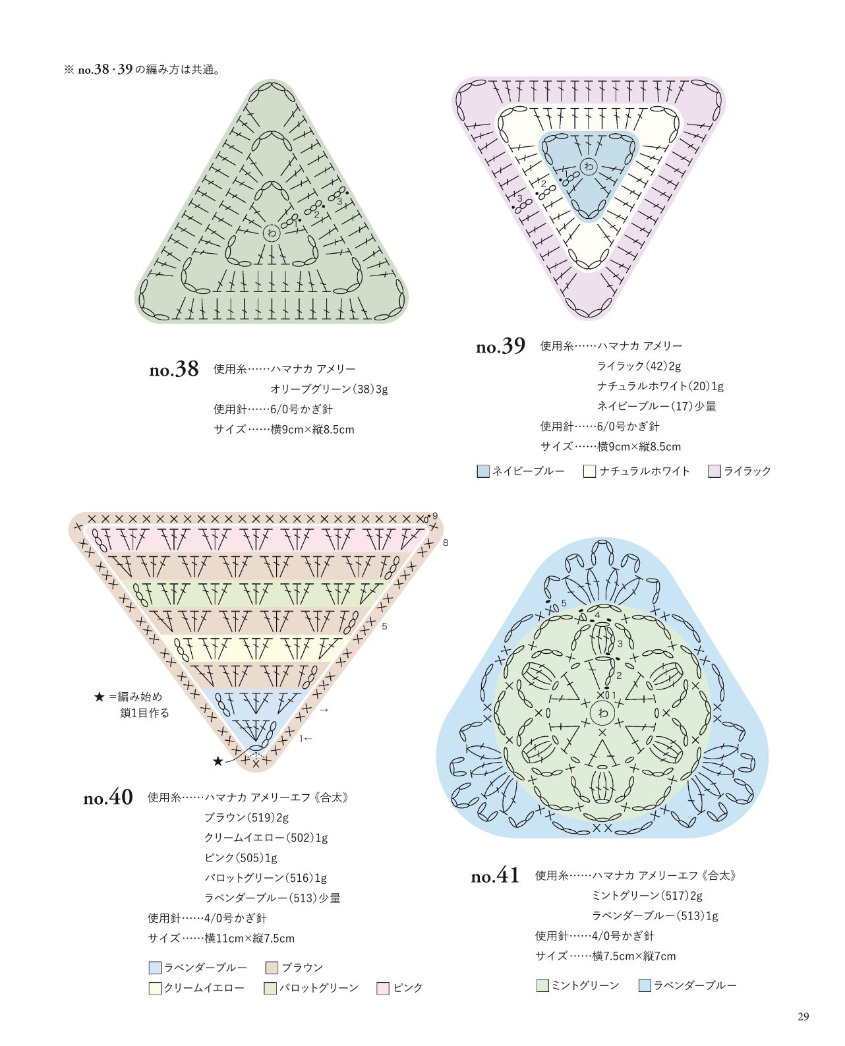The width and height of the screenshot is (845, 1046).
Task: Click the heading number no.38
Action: [x=174, y=369]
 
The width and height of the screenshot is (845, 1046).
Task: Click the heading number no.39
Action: [x=500, y=347]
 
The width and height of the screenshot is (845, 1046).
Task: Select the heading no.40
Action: [x=108, y=798]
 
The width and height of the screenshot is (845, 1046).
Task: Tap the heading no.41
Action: [x=495, y=876]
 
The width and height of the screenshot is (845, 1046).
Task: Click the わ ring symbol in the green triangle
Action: [x=272, y=233]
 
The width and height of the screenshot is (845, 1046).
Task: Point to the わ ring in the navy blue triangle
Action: [x=588, y=167]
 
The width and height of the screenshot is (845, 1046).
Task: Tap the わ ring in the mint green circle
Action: [x=603, y=712]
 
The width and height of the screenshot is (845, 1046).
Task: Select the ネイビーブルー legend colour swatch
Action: [x=483, y=471]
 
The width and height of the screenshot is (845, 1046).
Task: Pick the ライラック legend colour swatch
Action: [x=714, y=471]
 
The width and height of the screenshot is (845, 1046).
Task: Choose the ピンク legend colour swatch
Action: [x=383, y=989]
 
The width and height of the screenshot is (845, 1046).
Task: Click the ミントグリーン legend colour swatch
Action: [x=542, y=985]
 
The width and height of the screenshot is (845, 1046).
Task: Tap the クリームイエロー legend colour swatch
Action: [x=155, y=989]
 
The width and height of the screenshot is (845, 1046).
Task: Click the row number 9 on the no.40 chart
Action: [x=435, y=516]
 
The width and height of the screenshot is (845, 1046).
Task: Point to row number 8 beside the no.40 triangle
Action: [x=446, y=542]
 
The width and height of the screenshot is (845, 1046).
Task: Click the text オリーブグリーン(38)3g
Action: [x=329, y=390]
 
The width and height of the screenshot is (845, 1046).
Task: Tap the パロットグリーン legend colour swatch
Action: [x=270, y=989]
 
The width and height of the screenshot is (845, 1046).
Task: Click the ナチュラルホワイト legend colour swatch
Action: [x=590, y=471]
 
